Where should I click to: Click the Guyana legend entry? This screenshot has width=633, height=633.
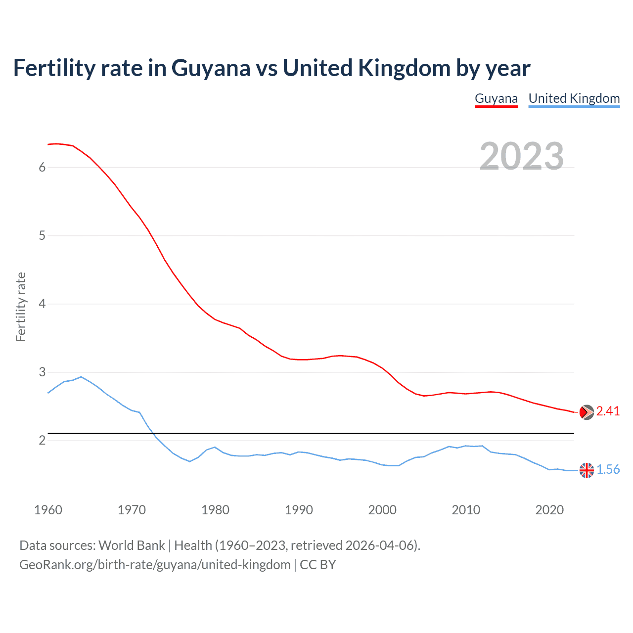pyautogui.click(x=496, y=98)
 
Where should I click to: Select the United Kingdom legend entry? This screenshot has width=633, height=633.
pyautogui.click(x=574, y=98)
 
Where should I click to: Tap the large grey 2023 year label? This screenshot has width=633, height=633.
pyautogui.click(x=522, y=156)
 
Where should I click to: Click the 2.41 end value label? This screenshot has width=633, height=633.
pyautogui.click(x=608, y=411)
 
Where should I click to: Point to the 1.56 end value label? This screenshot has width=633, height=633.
pyautogui.click(x=608, y=470)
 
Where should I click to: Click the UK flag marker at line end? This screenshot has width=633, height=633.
pyautogui.click(x=587, y=470)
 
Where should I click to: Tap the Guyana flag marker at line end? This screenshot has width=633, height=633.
pyautogui.click(x=587, y=412)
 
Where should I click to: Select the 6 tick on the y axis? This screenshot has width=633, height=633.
pyautogui.click(x=42, y=167)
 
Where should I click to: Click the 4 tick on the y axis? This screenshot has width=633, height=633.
pyautogui.click(x=42, y=304)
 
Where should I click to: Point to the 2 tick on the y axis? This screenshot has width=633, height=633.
pyautogui.click(x=42, y=440)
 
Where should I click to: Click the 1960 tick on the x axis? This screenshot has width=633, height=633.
pyautogui.click(x=48, y=510)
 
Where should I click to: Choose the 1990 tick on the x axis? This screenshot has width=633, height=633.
pyautogui.click(x=299, y=510)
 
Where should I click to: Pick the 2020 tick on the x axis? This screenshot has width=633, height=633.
pyautogui.click(x=549, y=510)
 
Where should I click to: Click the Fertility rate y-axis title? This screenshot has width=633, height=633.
pyautogui.click(x=21, y=307)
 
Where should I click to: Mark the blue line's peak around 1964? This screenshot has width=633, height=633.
pyautogui.click(x=81, y=377)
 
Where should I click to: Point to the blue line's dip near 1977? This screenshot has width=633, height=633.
pyautogui.click(x=189, y=461)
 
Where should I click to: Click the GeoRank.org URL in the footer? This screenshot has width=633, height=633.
pyautogui.click(x=155, y=565)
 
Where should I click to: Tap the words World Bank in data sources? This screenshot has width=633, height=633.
pyautogui.click(x=132, y=545)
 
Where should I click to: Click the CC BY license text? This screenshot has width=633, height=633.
pyautogui.click(x=318, y=565)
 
